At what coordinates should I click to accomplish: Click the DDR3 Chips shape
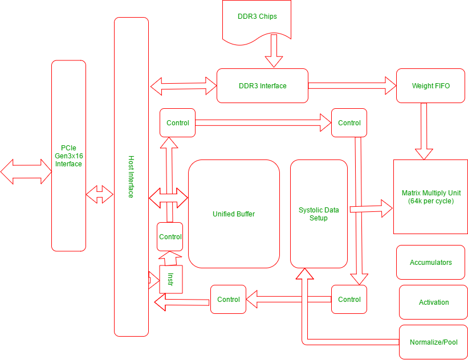click(x=257, y=17)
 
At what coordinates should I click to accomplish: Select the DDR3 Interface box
click(x=262, y=86)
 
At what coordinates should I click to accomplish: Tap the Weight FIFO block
click(x=430, y=86)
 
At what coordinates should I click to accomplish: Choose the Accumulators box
click(x=430, y=263)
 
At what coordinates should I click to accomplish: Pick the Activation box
click(x=434, y=302)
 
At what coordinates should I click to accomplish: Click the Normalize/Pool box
click(x=434, y=342)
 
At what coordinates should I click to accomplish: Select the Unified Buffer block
click(x=234, y=214)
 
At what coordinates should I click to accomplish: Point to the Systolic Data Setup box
click(x=319, y=214)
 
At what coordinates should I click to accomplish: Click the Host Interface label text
click(x=131, y=177)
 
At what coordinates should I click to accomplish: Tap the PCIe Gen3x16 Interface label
click(x=68, y=156)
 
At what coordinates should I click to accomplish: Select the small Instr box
click(x=170, y=279)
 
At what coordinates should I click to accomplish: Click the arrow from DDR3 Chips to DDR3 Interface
click(x=274, y=51)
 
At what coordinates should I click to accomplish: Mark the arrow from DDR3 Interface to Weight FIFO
click(x=352, y=86)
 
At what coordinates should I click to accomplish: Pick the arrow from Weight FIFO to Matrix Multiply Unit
click(x=424, y=131)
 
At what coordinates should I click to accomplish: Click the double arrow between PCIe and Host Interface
click(x=100, y=194)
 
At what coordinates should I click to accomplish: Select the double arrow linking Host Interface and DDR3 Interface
click(x=184, y=87)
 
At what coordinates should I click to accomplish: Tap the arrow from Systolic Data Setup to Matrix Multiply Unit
click(x=371, y=208)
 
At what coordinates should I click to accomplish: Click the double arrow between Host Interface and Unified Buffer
click(x=168, y=198)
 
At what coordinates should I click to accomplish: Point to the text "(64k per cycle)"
click(x=430, y=201)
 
